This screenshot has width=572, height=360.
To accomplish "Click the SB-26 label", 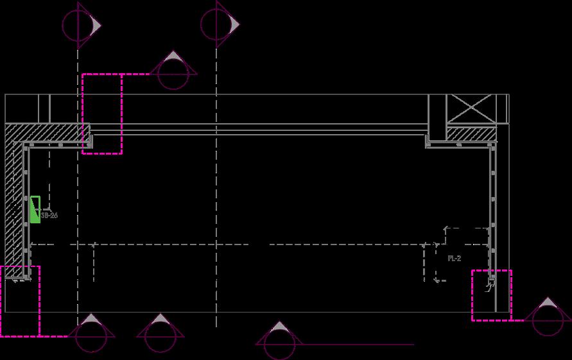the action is point(49,216).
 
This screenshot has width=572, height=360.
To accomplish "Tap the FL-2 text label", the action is point(454,258).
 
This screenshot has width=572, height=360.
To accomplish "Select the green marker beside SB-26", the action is point(35,209).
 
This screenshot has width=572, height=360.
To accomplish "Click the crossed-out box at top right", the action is point(471,109).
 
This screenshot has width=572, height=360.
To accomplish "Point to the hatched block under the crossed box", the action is point(471,133).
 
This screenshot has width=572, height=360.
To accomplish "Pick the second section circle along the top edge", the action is point(217,24).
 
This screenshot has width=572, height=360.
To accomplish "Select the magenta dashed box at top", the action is point(102,114).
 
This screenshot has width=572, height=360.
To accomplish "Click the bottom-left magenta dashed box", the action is point(20,301).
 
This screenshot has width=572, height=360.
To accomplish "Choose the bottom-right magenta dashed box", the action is point(492,295).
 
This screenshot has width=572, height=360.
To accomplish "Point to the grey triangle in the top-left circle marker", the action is point(94,24).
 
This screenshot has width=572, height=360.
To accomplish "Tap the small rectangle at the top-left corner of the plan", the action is point(44,107).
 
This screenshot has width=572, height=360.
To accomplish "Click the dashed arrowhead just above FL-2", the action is point(447,228).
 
